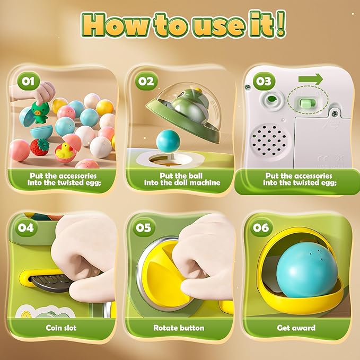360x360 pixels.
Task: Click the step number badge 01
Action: pos(28,81)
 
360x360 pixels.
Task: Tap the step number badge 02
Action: pos(146,81)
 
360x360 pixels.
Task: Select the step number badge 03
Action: pos(264,81)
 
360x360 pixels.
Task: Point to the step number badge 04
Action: pos(26,227)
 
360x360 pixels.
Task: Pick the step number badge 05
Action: pos(144,227)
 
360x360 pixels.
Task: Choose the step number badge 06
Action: pos(261,227)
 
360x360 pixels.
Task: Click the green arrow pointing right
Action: pos(310,79)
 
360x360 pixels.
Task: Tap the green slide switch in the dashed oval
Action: pos(305,103)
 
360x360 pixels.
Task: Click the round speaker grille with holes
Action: pos(269,140)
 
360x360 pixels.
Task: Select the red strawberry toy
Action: pos(40,147)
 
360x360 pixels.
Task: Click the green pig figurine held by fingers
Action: pos(40,112)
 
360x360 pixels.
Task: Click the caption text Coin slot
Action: pos(61,328)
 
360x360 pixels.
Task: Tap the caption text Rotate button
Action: pos(179,328)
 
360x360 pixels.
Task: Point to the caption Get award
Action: pos(296,328)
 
